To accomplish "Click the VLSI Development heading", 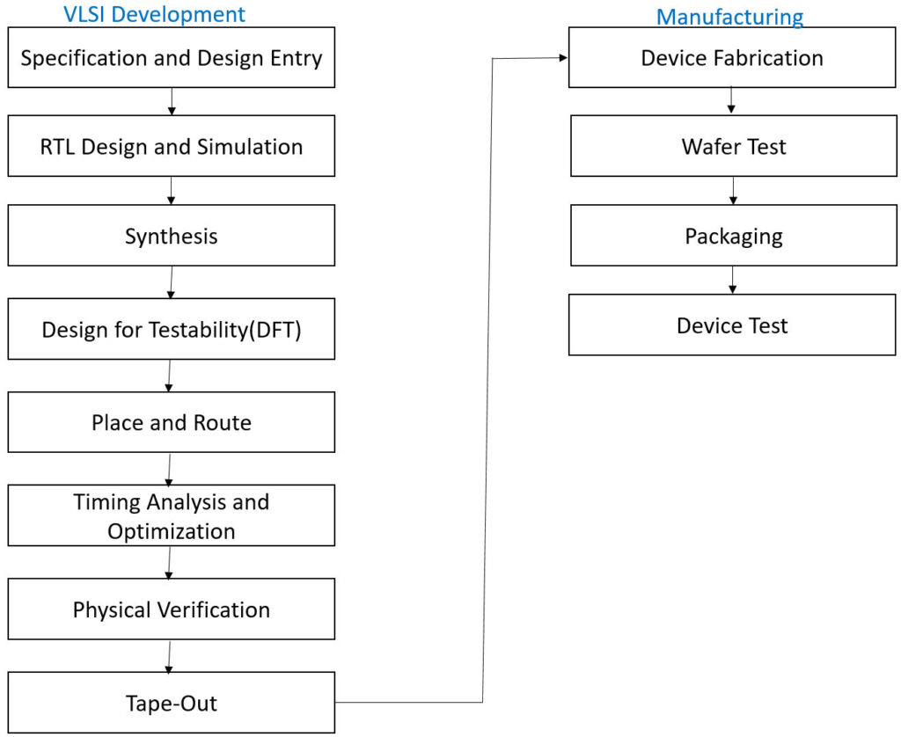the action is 154,14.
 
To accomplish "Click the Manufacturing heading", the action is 729,17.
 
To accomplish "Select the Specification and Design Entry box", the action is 172,57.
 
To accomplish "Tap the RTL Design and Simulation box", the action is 172,146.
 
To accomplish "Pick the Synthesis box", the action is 172,236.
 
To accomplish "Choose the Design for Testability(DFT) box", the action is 172,329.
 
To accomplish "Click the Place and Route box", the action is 172,422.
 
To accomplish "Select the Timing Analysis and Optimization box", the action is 172,515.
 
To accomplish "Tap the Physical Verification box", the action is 172,609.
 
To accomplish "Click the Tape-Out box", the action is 172,703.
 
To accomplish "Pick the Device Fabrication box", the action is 732,57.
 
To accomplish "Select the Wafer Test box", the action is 734,146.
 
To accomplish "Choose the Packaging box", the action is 734,236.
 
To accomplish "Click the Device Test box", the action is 732,325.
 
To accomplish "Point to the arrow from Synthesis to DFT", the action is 172,282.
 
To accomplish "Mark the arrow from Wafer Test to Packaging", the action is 733,191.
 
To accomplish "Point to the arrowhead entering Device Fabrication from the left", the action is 564,57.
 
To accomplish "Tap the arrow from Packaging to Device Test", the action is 733,280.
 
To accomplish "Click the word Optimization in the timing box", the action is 172,531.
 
